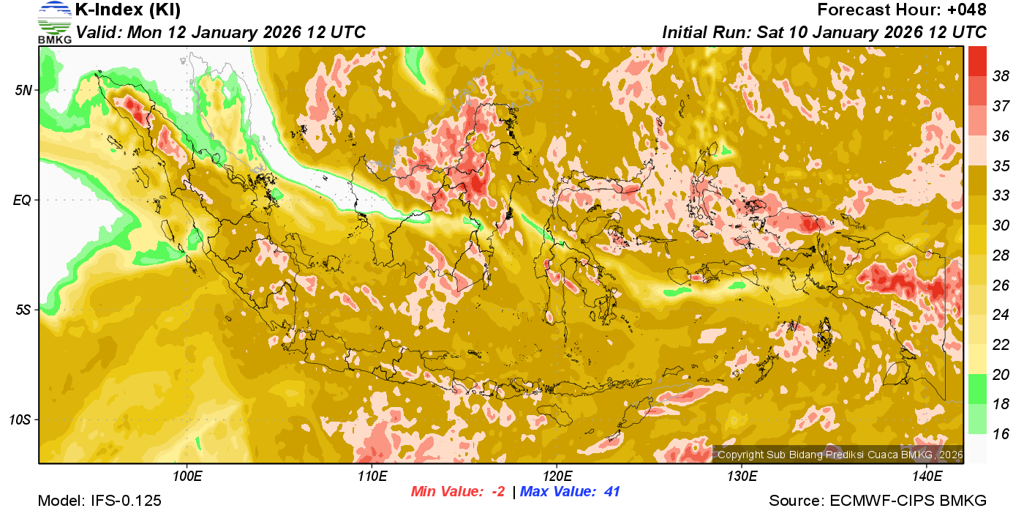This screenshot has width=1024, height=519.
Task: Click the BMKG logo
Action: (x=54, y=22)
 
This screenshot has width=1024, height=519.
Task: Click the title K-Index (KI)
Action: (x=128, y=10)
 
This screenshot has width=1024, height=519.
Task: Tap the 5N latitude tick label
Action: (x=23, y=90)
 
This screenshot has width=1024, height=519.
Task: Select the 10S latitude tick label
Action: (x=20, y=419)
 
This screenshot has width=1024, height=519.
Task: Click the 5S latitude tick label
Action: (x=23, y=310)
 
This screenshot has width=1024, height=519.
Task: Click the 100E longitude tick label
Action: (x=187, y=477)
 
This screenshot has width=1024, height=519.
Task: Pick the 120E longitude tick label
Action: (x=557, y=477)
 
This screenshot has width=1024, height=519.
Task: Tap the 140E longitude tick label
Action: (x=927, y=477)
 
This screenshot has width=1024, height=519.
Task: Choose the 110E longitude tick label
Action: (x=372, y=477)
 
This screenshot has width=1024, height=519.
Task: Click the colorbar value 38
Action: (x=1001, y=76)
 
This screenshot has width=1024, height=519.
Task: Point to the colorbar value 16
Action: (x=1001, y=434)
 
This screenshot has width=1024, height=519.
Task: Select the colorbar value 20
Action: (x=1001, y=375)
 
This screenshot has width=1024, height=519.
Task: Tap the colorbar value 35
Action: (x=1001, y=165)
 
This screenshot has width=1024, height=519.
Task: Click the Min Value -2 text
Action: (x=458, y=492)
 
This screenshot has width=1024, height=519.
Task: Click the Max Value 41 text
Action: (x=571, y=492)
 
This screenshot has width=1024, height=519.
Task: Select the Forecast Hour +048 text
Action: (x=902, y=10)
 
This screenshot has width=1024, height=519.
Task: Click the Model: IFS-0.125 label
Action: (x=99, y=501)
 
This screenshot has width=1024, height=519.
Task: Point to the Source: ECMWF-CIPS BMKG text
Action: (x=878, y=501)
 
